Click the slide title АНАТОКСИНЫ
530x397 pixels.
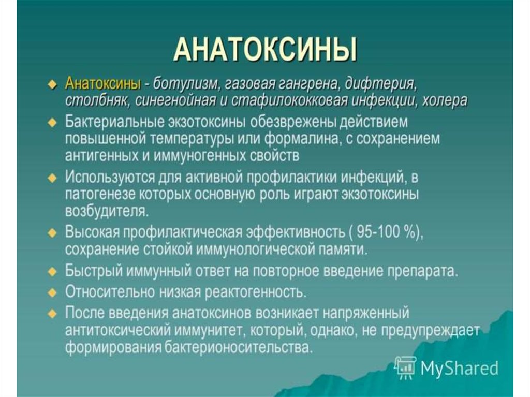pos(266,50)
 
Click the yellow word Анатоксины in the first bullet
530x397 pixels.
pos(103,83)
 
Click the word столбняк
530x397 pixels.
pos(98,100)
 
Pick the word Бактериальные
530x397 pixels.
pos(114,122)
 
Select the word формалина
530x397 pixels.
pos(302,139)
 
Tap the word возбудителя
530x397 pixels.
pos(107,211)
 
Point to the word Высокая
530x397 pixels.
pos(92,232)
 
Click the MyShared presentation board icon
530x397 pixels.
pos(405,367)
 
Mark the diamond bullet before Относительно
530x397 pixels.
pos(52,293)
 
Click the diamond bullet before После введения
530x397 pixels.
pos(52,314)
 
